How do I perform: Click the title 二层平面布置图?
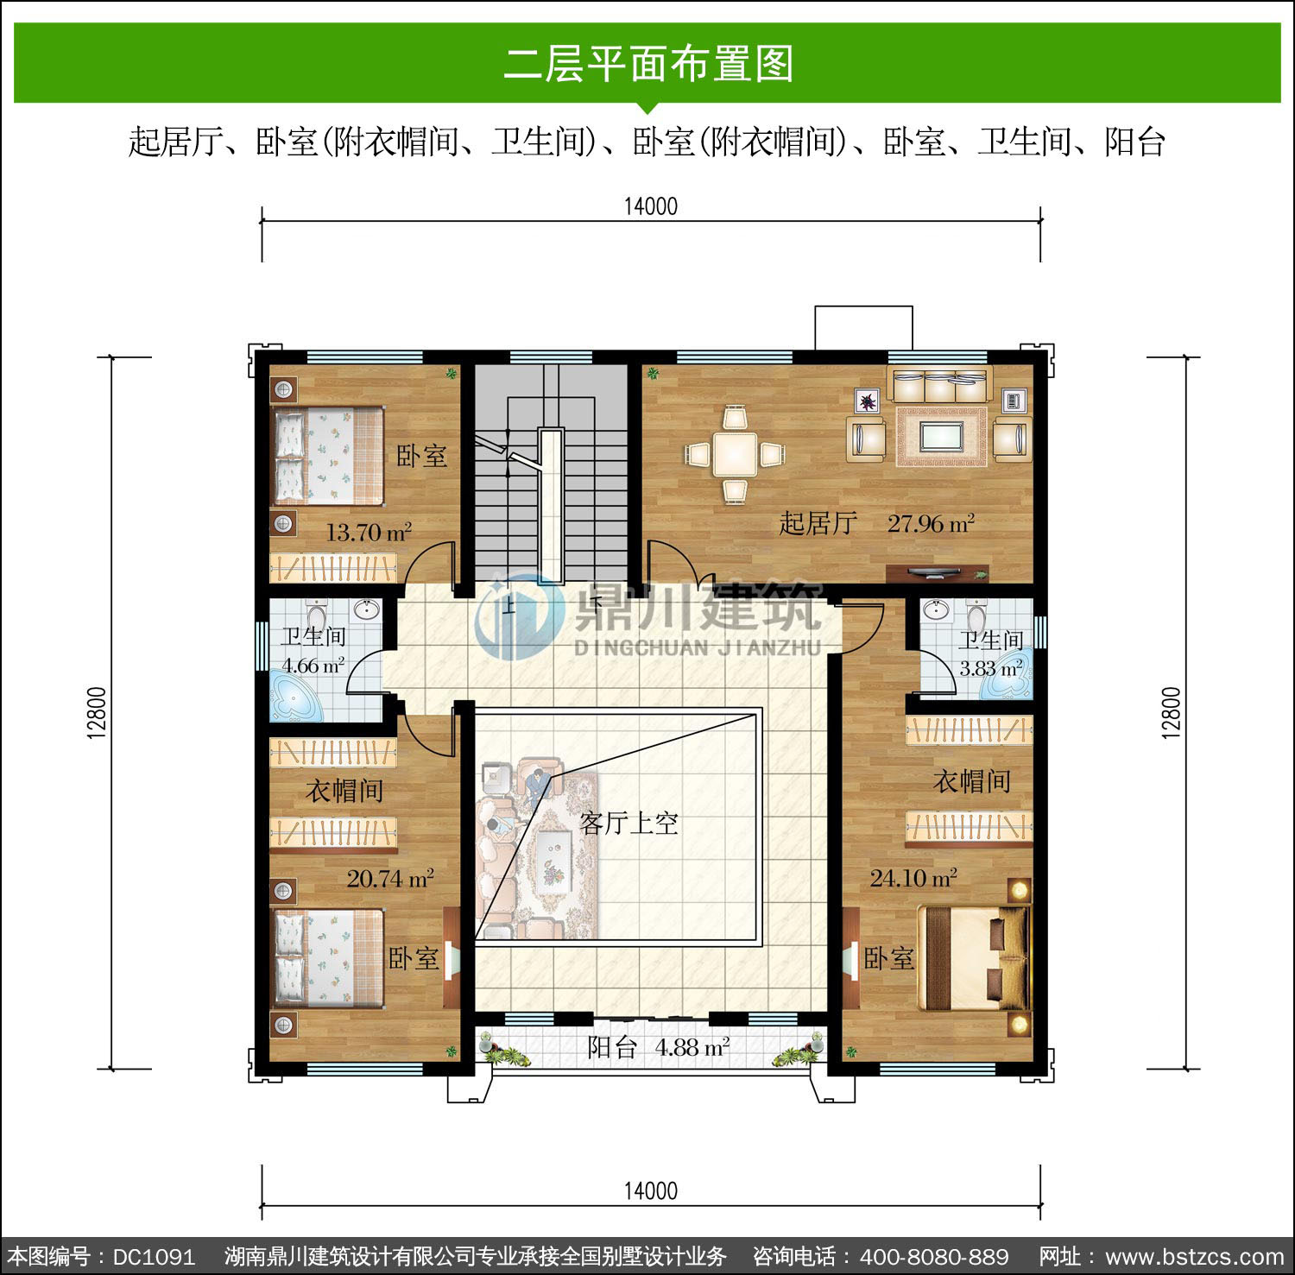click(x=648, y=64)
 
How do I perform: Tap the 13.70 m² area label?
click(x=369, y=533)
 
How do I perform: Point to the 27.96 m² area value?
click(x=932, y=523)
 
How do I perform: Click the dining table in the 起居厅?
click(x=736, y=453)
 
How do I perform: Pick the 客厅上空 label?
click(x=629, y=823)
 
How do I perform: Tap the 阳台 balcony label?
click(x=612, y=1047)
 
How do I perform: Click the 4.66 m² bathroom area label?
click(x=313, y=666)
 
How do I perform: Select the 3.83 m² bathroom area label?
click(x=991, y=668)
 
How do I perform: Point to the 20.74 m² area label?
click(x=390, y=879)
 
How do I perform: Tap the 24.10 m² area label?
click(x=913, y=879)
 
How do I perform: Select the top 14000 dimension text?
click(x=651, y=206)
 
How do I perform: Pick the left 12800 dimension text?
click(x=97, y=712)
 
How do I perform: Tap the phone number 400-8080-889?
click(x=934, y=1256)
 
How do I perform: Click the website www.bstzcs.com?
click(x=1195, y=1257)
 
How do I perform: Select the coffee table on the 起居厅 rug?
click(x=942, y=436)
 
